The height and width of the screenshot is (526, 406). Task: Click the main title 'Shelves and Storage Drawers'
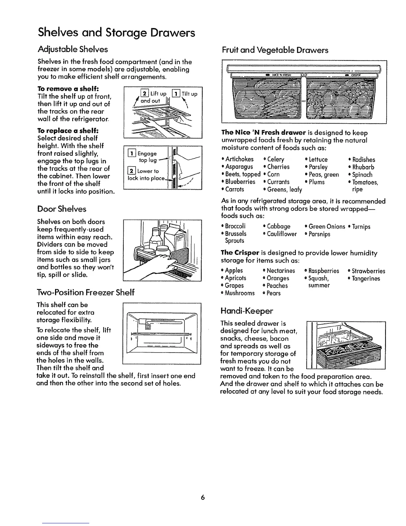(116, 33)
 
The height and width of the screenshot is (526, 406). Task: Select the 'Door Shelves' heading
(62, 209)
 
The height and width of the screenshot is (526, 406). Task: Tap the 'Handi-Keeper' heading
(246, 311)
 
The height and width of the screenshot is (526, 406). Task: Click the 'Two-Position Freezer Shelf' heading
(86, 292)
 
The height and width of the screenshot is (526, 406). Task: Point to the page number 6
(203, 497)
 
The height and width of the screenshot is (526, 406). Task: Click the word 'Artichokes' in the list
(239, 159)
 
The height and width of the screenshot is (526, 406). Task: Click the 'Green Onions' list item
(327, 226)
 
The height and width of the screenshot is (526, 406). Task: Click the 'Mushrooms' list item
(240, 293)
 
